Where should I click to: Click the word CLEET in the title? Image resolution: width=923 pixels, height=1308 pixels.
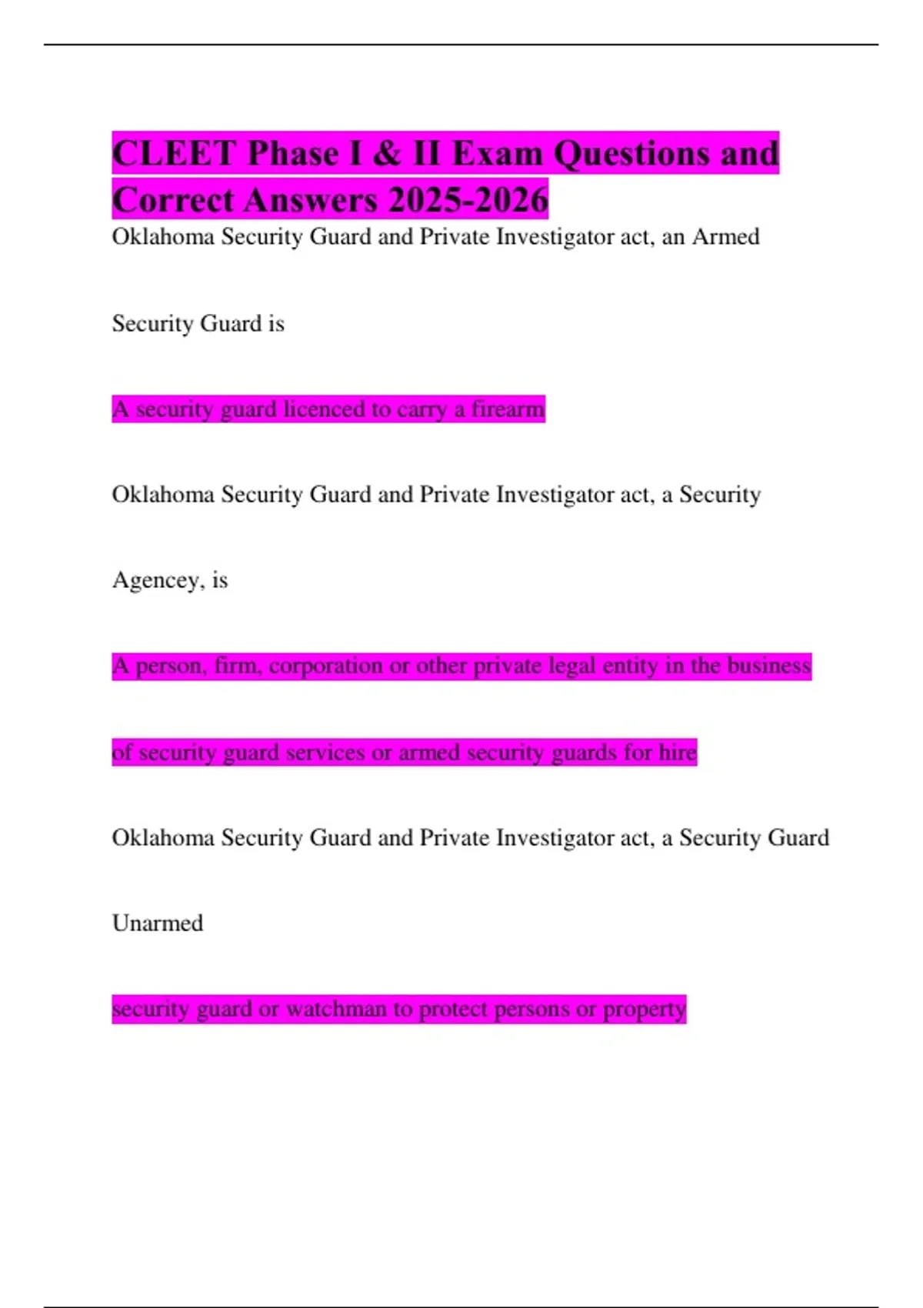(x=173, y=153)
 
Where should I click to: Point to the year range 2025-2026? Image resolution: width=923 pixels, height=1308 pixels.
(x=468, y=200)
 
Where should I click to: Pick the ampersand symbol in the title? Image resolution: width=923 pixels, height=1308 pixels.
(x=387, y=153)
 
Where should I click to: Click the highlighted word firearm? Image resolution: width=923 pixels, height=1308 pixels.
(x=508, y=409)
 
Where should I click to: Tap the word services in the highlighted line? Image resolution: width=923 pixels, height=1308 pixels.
(x=325, y=752)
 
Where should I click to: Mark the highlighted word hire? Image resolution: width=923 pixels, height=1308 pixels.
(x=678, y=752)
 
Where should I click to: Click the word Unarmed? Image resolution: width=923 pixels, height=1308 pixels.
(x=158, y=923)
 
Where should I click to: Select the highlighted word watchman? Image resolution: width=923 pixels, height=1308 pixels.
(x=336, y=1009)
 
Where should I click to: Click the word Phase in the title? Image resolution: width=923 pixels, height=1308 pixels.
(x=294, y=153)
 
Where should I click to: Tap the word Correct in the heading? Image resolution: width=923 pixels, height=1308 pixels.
(x=173, y=200)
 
